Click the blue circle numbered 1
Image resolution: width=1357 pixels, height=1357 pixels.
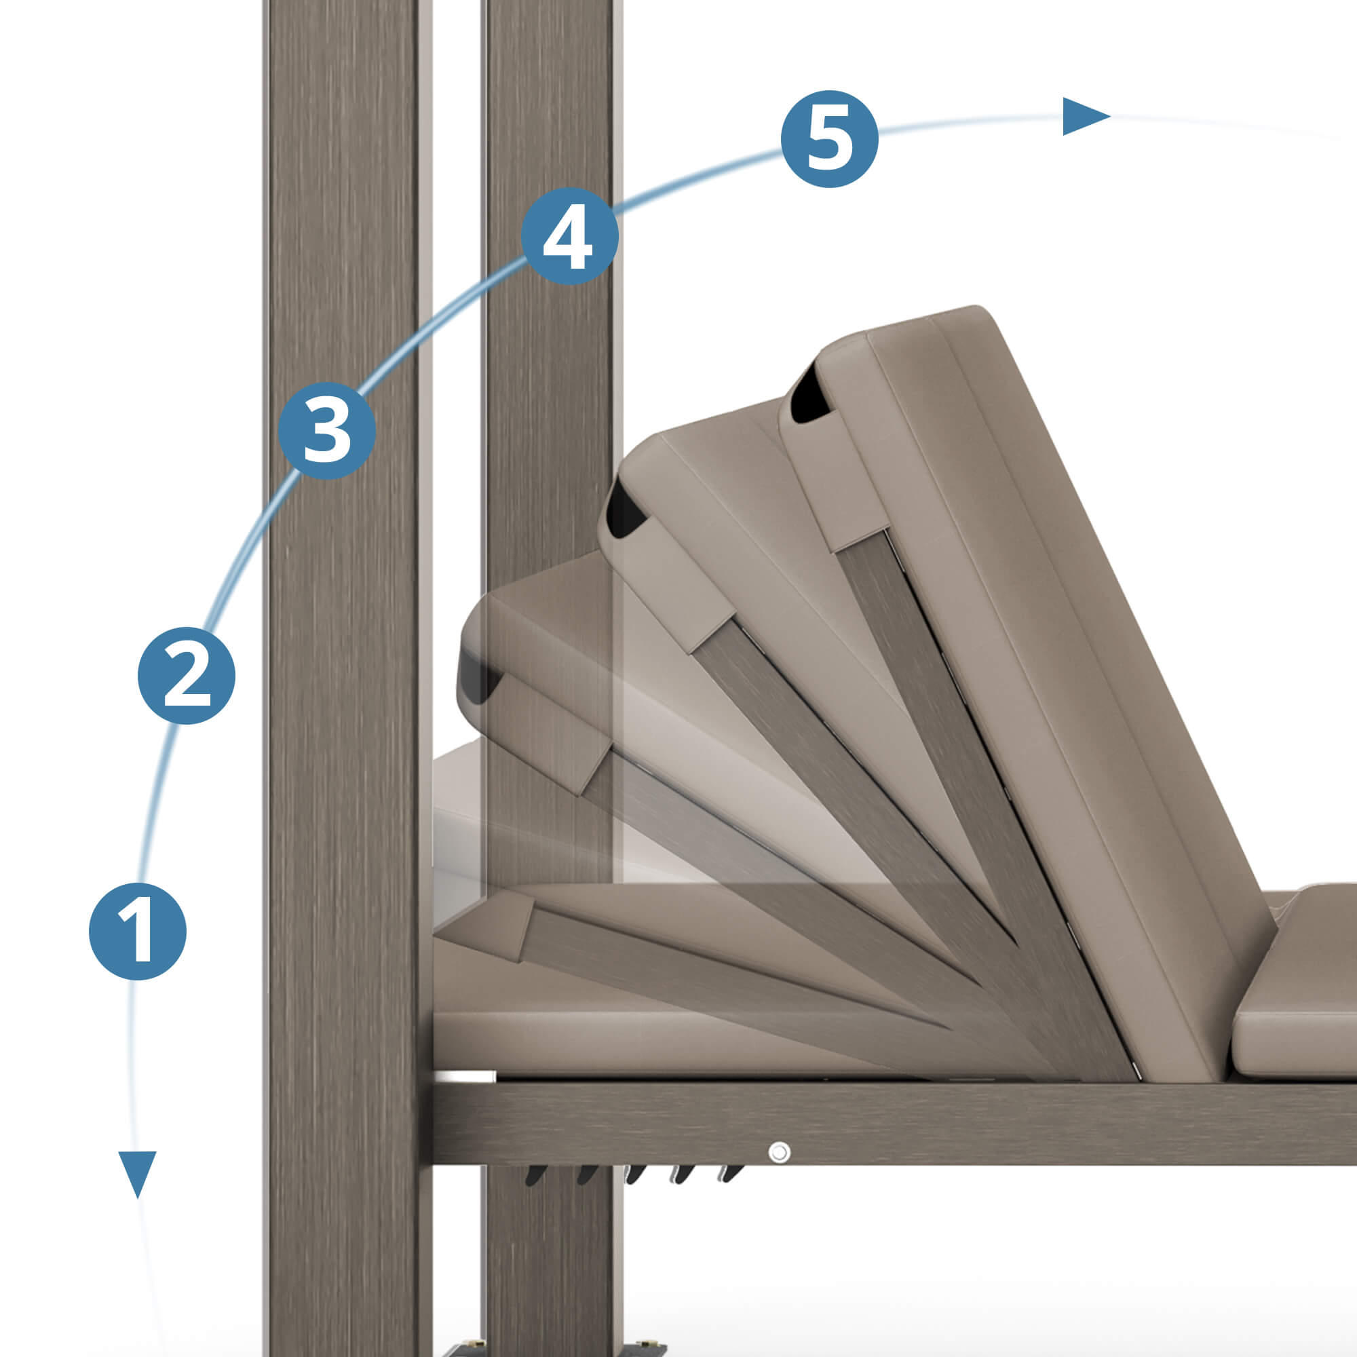coord(138,932)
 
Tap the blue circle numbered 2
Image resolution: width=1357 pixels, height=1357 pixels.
coord(186,676)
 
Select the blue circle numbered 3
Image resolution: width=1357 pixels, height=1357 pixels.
coord(326,430)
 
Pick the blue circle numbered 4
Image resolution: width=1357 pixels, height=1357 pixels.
coord(570,236)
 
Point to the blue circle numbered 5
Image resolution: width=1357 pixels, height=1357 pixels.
coord(830,139)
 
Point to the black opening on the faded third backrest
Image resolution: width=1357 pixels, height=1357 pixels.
coord(478,674)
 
